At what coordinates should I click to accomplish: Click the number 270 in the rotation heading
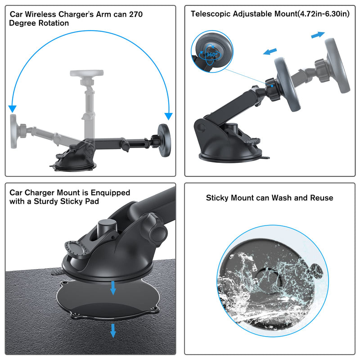[x=136, y=14]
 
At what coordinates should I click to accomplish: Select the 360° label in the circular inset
[x=211, y=54]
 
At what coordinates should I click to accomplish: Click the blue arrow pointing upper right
[x=318, y=35]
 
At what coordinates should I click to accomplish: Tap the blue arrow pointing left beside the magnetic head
[x=270, y=51]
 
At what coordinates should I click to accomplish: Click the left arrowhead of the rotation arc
[x=13, y=109]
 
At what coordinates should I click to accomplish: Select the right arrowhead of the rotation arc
[x=168, y=116]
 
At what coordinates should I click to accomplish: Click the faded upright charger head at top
[x=87, y=73]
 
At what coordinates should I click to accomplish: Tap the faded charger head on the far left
[x=13, y=131]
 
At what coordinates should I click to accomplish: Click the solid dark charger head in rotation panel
[x=164, y=140]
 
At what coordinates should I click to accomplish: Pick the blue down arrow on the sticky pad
[x=113, y=288]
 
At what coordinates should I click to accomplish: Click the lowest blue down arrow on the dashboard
[x=113, y=331]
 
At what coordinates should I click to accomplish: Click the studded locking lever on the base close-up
[x=78, y=248]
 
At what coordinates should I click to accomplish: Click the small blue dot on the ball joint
[x=272, y=86]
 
